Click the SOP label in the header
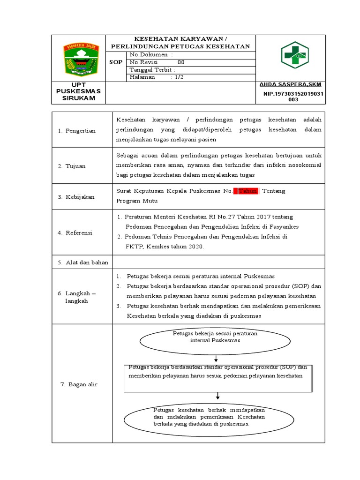tap(116, 62)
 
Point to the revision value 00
tap(180, 62)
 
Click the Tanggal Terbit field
tap(152, 70)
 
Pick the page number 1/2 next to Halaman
tap(178, 77)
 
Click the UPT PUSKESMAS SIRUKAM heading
tap(78, 91)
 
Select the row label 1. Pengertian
tap(77, 131)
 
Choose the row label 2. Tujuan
tap(72, 166)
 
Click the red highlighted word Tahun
tap(248, 191)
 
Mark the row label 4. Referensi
tap(75, 233)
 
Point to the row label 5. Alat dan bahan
tap(83, 262)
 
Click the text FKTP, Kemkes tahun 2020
tap(165, 247)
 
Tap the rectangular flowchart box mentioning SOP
tap(218, 378)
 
